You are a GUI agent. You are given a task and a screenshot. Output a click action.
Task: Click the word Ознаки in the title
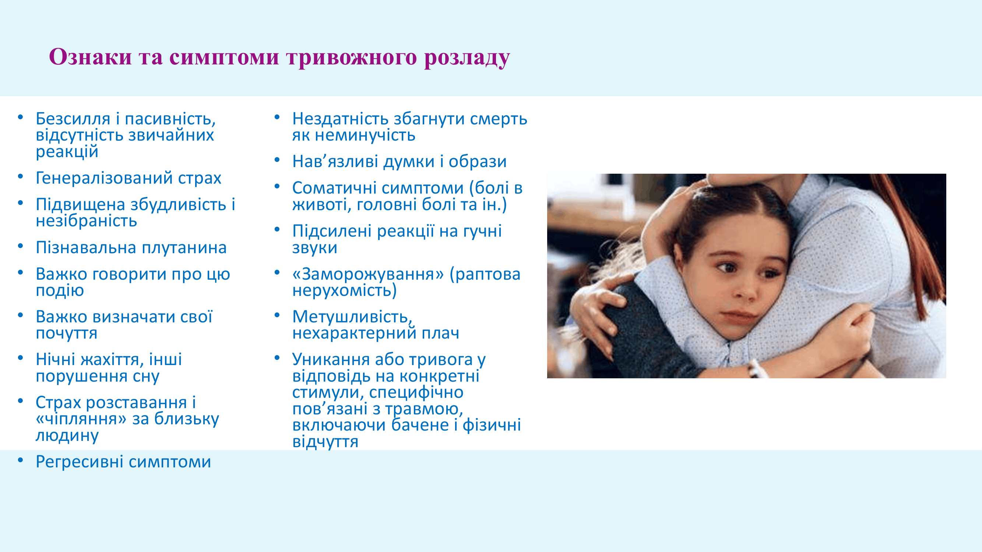(90, 57)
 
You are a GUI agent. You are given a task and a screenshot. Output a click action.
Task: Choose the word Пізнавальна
(86, 248)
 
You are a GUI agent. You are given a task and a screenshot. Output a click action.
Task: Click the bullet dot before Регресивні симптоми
(21, 461)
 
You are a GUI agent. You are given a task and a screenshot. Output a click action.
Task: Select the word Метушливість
(352, 317)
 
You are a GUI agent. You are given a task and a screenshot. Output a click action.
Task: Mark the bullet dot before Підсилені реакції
(277, 229)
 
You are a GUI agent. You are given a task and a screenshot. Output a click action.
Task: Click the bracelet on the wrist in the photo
(754, 369)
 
